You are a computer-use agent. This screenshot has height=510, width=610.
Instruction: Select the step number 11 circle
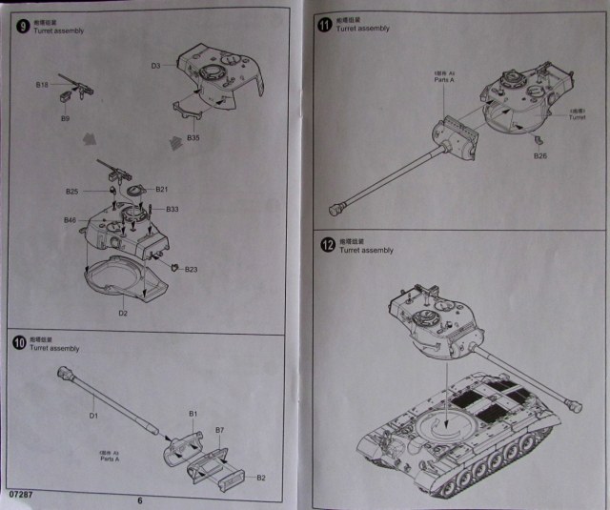pos(325,22)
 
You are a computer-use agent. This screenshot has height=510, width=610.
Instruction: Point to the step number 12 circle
pos(327,244)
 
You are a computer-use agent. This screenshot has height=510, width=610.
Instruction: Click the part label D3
pos(155,66)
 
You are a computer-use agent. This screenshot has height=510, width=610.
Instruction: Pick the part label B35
pos(193,138)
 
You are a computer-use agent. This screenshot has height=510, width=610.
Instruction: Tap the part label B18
pos(42,85)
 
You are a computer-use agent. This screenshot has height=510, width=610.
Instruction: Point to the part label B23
pos(191,269)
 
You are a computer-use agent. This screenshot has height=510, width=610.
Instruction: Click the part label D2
pos(123,312)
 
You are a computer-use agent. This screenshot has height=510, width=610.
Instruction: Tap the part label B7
pos(218,431)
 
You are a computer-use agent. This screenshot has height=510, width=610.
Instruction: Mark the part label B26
pos(539,155)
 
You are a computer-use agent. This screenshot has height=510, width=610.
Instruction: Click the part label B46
pos(70,220)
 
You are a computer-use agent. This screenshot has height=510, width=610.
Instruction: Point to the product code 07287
pos(20,493)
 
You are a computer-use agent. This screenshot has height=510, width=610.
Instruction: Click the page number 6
pos(139,499)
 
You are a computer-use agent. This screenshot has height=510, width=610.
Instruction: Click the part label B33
pos(173,209)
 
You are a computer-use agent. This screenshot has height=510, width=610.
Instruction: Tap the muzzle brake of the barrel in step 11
pos(335,208)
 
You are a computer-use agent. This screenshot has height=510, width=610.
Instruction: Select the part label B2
pos(260,477)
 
